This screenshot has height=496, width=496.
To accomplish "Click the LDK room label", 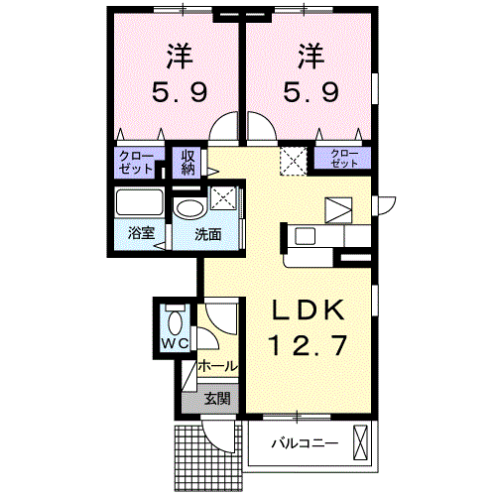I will (309, 311).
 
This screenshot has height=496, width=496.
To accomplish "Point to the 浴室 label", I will (140, 234).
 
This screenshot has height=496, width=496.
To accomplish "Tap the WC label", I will (175, 343).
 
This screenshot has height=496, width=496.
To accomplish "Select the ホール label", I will (217, 366).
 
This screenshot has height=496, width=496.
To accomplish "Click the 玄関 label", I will (217, 400).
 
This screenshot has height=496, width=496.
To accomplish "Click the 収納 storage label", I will (187, 162).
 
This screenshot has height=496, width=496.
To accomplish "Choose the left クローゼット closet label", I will (136, 162).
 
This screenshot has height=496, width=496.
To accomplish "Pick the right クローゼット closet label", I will (339, 156).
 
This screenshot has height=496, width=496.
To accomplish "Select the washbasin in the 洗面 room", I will (188, 207).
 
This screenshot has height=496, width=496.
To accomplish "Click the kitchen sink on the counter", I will (304, 237).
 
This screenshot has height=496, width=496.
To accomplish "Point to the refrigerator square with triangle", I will (338, 209).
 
